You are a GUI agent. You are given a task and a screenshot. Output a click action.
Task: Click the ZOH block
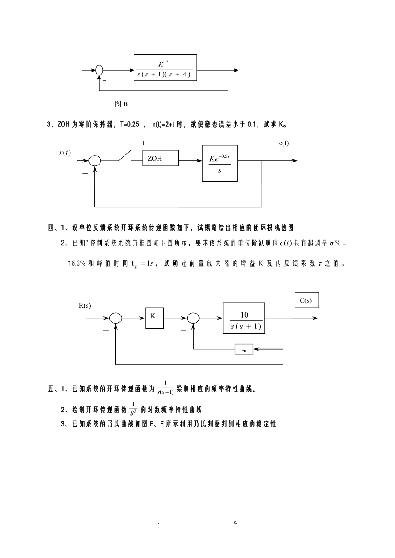[x=160, y=158]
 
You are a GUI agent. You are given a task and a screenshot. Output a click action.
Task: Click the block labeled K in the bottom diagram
[x=154, y=318]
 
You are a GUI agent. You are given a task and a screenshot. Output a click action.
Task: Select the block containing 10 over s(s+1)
[x=243, y=318]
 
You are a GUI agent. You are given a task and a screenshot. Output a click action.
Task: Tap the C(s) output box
[x=307, y=300]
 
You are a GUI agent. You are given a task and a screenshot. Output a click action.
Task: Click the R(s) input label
[x=85, y=306]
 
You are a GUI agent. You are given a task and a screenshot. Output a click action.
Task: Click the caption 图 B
[x=121, y=104]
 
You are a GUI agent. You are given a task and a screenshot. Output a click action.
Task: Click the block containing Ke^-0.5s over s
[x=220, y=163]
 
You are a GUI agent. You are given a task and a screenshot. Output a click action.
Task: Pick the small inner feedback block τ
[x=244, y=349]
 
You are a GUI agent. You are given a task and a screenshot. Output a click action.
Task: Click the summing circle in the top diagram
[x=99, y=70]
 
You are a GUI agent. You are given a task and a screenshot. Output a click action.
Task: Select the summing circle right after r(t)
[x=94, y=161]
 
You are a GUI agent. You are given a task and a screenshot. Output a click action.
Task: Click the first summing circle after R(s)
[x=115, y=318]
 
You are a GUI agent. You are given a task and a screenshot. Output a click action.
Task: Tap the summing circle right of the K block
[x=193, y=318]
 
